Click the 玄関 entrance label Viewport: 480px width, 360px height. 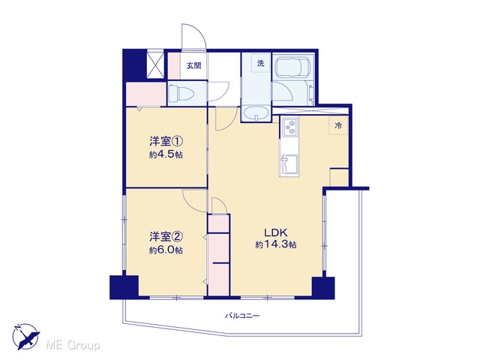(x=194, y=65)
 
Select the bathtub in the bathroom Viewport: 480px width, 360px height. (x=293, y=67)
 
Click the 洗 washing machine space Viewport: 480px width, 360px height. (x=261, y=63)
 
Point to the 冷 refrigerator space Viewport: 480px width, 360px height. (x=338, y=125)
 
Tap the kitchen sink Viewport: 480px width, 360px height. (x=289, y=165)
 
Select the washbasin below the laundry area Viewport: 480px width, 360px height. (x=256, y=113)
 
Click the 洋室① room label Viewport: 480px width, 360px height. (x=166, y=142)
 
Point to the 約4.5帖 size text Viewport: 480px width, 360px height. (x=166, y=154)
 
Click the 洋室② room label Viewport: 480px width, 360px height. (x=166, y=237)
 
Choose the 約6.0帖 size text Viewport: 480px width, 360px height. (x=166, y=250)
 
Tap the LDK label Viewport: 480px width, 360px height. (x=276, y=232)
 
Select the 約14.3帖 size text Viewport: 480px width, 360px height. (x=276, y=244)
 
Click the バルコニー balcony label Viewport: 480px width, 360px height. (x=242, y=315)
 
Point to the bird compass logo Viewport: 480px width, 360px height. (x=26, y=337)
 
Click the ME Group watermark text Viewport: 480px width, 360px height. (x=73, y=346)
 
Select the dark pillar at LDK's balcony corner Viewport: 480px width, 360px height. (x=323, y=288)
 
